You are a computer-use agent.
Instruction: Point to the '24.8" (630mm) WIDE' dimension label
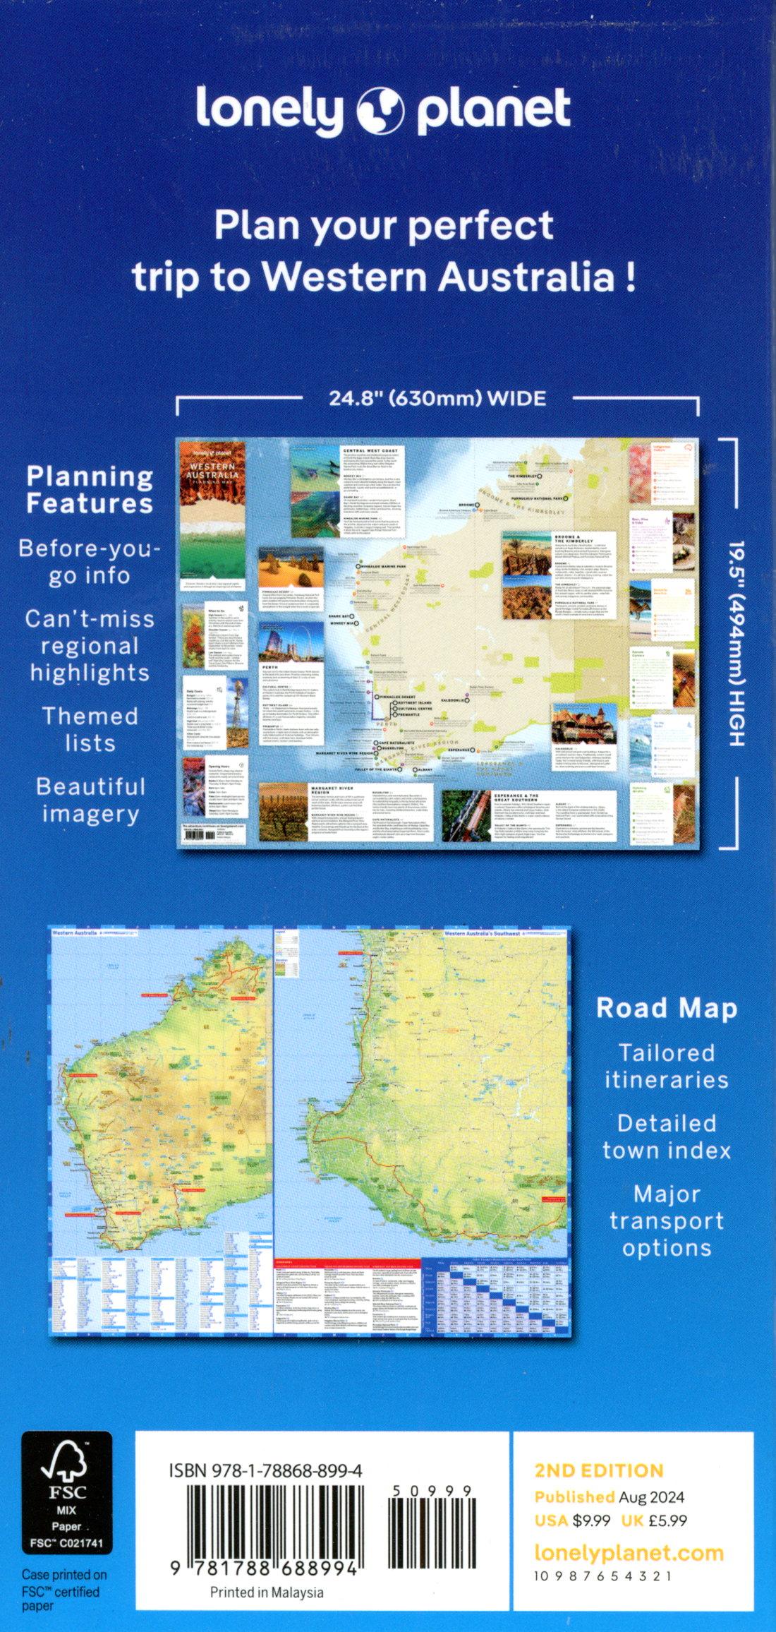coord(437,399)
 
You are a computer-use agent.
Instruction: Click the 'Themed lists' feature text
coord(90,729)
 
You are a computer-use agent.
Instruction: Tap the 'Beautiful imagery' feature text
coord(90,800)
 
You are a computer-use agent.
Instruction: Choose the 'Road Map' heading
coord(666,1008)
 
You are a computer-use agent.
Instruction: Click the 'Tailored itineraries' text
coord(666,1067)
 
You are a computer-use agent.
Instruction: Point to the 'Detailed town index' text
coord(666,1136)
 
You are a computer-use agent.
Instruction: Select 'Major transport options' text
coord(666,1220)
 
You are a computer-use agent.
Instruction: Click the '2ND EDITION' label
coord(599,1470)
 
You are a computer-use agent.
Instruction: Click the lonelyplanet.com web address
coord(629,1553)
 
